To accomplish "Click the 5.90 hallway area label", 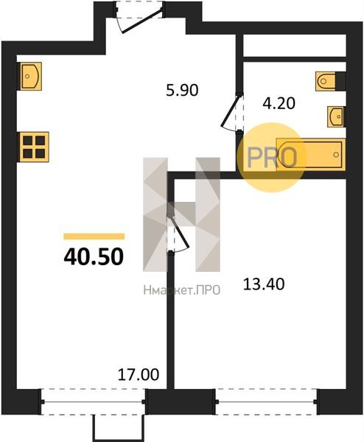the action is click(x=182, y=91).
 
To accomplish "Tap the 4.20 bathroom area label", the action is click(x=279, y=103).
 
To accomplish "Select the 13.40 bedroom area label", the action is click(x=264, y=284).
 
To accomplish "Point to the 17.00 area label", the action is click(x=138, y=375).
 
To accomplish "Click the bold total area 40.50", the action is click(x=94, y=257).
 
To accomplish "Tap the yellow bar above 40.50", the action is click(x=94, y=236).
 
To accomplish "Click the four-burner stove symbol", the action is click(x=33, y=147).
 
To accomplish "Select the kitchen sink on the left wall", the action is click(x=29, y=76).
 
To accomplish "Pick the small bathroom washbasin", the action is click(x=336, y=116).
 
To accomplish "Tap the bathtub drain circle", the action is click(x=336, y=155).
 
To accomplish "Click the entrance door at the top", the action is click(x=139, y=17).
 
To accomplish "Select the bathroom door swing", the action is click(x=233, y=112).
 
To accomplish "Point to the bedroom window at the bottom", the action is click(x=266, y=401).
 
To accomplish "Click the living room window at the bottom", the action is click(x=93, y=401).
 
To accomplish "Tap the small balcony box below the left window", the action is click(x=119, y=427).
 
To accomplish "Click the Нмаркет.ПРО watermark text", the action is click(x=181, y=290).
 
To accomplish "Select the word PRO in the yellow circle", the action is click(x=272, y=158).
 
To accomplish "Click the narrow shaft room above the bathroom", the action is click(x=294, y=46).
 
